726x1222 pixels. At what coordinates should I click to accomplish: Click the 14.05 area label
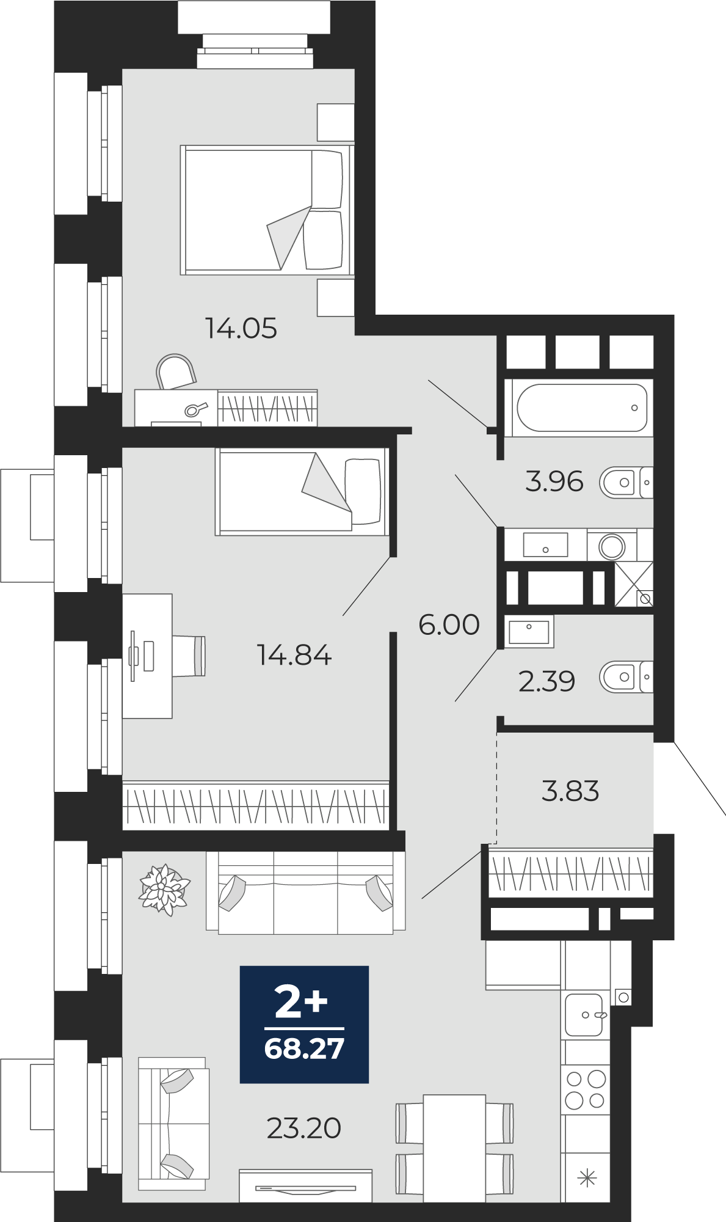(x=241, y=328)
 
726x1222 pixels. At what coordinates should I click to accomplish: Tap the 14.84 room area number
(x=294, y=655)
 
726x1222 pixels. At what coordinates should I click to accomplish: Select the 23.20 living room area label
(x=303, y=1128)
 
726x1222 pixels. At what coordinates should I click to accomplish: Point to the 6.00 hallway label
(x=449, y=624)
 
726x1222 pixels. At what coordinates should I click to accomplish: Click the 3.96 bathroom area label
(x=554, y=481)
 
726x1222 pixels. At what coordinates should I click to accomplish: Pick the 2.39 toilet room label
(x=546, y=681)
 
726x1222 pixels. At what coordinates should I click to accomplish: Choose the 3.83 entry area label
(x=570, y=791)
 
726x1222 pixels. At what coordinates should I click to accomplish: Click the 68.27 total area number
(x=304, y=1048)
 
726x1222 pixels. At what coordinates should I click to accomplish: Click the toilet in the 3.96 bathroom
(x=626, y=483)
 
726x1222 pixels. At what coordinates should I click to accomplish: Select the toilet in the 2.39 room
(x=626, y=677)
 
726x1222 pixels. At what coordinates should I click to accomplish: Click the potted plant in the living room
(x=164, y=889)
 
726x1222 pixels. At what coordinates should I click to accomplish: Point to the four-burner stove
(x=586, y=1089)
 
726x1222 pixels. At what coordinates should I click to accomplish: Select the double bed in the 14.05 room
(x=267, y=210)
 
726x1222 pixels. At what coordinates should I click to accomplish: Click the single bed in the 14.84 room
(x=302, y=492)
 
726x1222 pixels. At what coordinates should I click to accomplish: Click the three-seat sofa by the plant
(x=305, y=893)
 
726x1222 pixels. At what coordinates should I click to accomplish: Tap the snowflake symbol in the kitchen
(x=586, y=1177)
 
